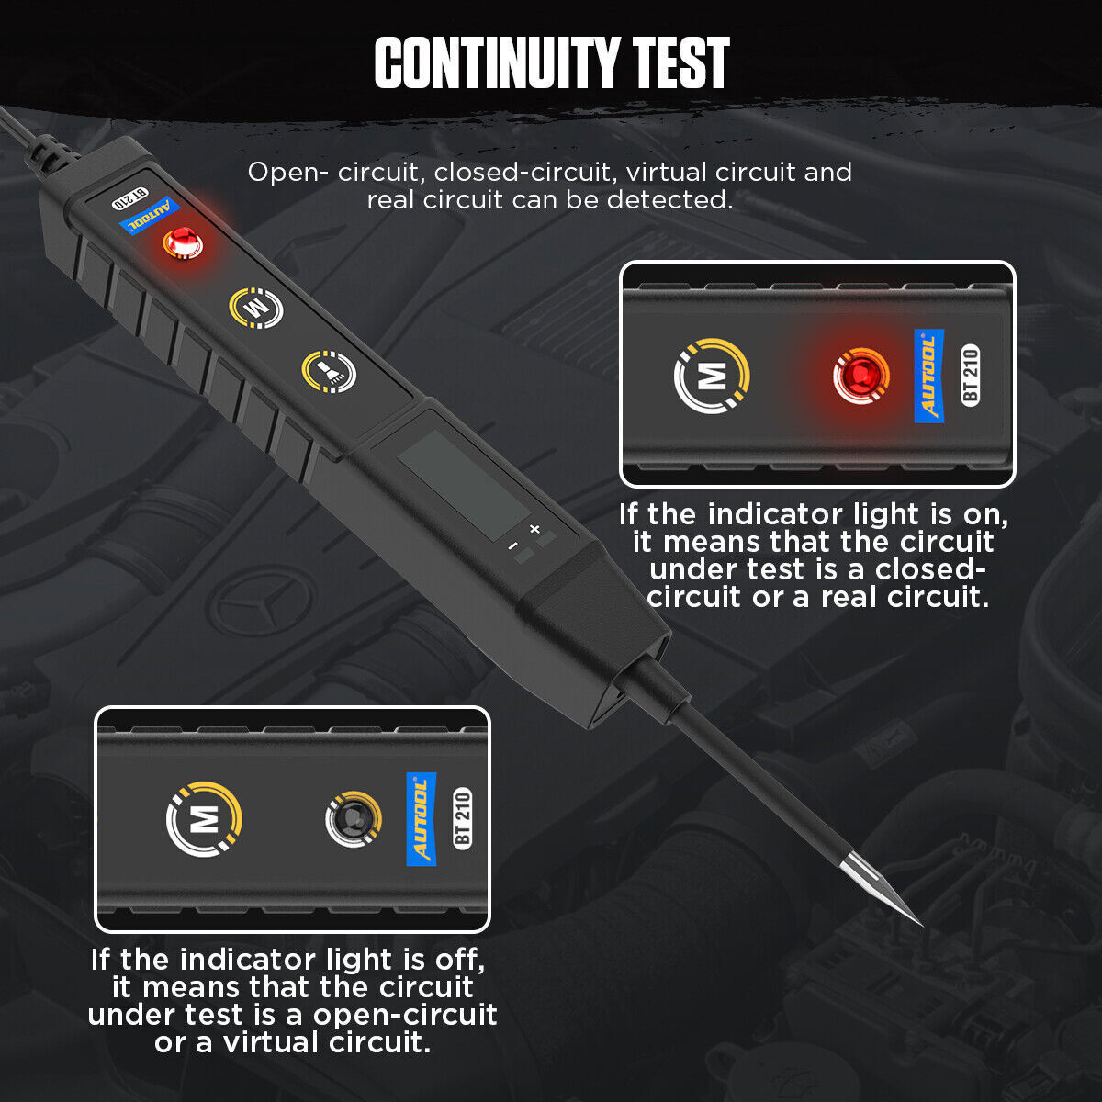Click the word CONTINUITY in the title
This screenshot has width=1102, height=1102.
pos(496,64)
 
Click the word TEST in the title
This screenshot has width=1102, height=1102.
pos(681,64)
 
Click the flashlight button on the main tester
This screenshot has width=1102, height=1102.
pos(328,370)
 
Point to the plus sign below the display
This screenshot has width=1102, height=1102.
pos(534,529)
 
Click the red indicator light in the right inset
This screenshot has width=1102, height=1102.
pos(860,376)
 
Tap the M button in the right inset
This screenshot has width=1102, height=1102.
pos(713,376)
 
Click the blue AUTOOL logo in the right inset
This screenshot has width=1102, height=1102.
pos(928,376)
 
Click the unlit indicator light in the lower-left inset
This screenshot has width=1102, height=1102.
pos(353,818)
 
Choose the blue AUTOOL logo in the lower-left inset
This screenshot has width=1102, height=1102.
pos(421,818)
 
